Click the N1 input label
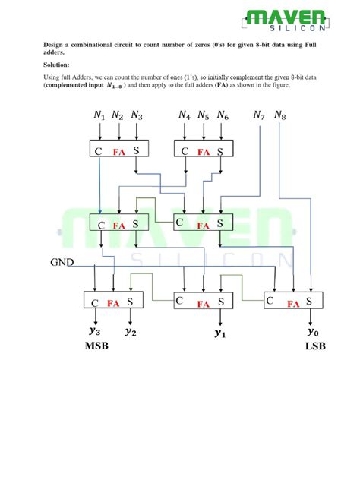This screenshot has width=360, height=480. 99,115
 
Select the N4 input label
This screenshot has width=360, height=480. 185,115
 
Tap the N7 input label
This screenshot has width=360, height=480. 259,115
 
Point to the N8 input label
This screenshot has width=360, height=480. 279,115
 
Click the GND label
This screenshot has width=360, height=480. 62,262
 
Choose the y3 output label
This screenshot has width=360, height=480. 95,331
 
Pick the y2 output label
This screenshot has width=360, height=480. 131,332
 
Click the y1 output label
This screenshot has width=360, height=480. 219,333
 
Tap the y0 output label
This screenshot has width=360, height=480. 313,332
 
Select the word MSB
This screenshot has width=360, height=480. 96,346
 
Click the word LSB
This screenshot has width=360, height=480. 315,346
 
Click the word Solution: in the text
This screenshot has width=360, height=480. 56,65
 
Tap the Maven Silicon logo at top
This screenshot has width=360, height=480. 286,20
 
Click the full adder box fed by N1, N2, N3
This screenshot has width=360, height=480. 119,149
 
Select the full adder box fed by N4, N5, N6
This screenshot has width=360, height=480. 204,149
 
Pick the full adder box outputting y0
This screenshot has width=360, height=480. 293,300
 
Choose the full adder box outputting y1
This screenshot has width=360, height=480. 204,300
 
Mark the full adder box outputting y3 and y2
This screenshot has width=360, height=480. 113,300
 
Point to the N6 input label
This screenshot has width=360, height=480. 223,115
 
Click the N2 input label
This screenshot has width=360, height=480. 117,115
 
